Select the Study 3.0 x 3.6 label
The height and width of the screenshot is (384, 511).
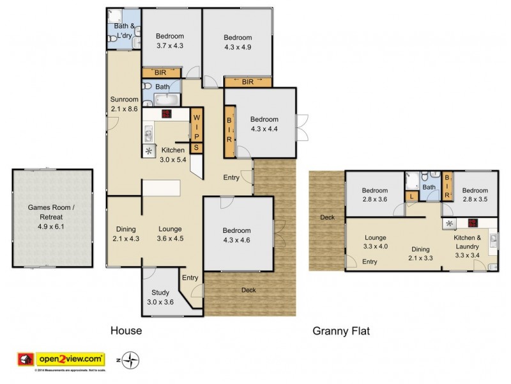[160, 298]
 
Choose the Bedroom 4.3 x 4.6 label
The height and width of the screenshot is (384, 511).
[236, 235]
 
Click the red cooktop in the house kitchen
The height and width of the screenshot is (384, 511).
[167, 115]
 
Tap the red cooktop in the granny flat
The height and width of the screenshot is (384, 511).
[473, 223]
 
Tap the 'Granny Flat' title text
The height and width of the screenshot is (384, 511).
[341, 331]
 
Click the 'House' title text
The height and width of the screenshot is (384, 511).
[126, 331]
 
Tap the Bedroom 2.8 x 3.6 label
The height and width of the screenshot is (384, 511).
[374, 195]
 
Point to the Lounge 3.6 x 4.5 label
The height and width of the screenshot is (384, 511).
[170, 233]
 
